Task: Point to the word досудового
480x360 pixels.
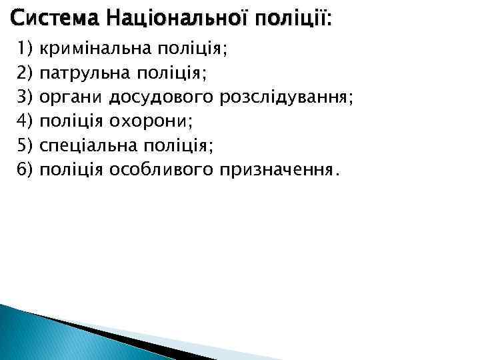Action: click(x=161, y=98)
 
